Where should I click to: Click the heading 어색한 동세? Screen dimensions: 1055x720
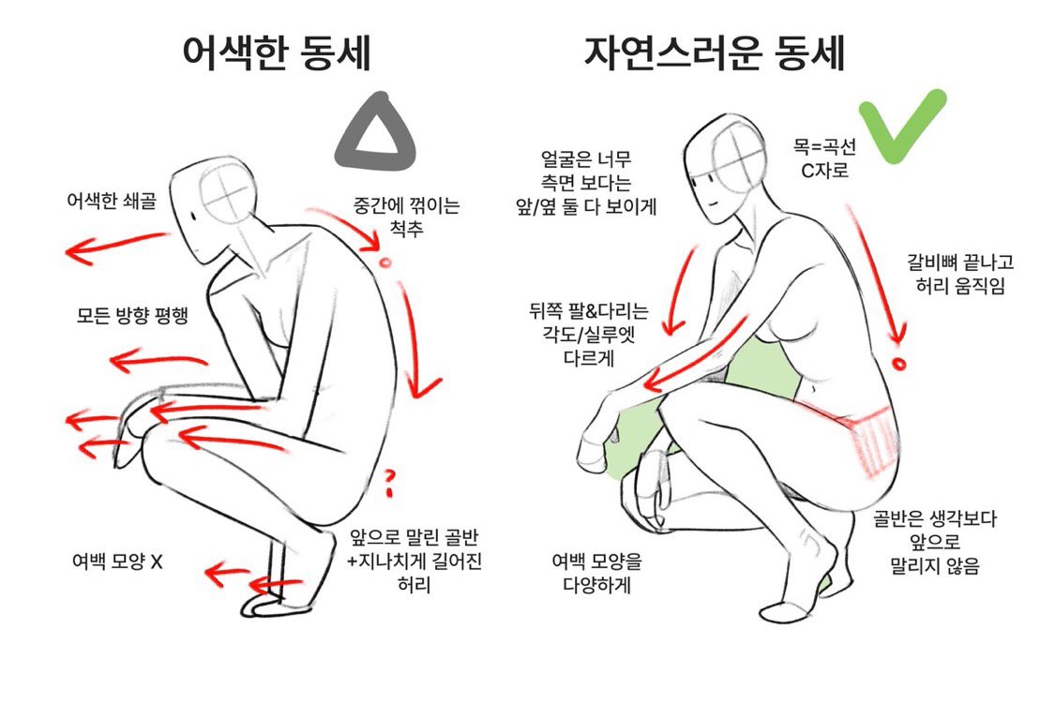[277, 52]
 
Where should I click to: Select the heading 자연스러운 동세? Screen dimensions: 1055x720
[715, 52]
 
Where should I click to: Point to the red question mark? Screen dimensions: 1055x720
[389, 483]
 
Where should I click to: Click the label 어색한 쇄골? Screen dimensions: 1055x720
[112, 200]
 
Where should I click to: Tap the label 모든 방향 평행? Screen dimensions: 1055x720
[132, 315]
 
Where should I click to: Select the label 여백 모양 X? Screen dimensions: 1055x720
[117, 561]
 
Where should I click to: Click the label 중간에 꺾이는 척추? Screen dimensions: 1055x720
[406, 217]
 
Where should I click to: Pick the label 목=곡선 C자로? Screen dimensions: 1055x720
[824, 158]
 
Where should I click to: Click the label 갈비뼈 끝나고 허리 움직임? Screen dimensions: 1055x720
[960, 274]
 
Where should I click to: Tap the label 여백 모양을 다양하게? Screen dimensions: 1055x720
[596, 573]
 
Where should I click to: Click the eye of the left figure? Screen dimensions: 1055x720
[193, 216]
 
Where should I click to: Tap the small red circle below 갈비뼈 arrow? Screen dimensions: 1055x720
[899, 364]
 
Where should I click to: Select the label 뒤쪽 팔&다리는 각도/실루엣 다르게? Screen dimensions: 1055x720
[589, 334]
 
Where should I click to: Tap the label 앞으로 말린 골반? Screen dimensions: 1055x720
[414, 537]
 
